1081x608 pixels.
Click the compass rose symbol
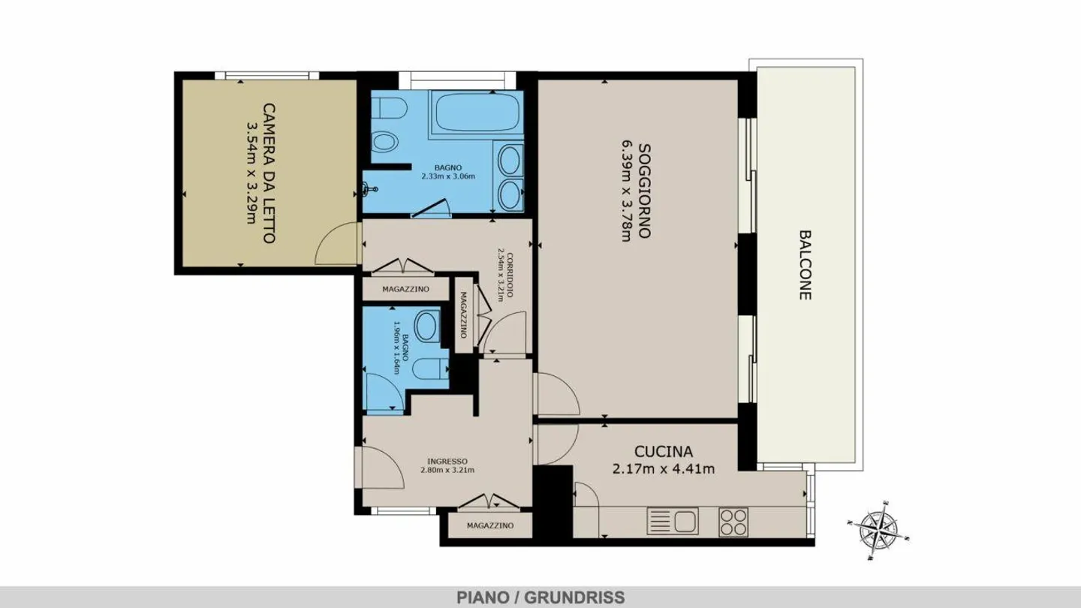(x=878, y=530)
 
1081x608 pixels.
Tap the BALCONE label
(x=805, y=265)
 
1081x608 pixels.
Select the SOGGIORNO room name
(x=644, y=191)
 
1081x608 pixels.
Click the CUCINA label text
(x=663, y=452)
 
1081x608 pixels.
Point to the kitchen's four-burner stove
(x=733, y=522)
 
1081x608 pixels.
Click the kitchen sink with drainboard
(x=673, y=521)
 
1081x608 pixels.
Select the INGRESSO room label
(x=447, y=461)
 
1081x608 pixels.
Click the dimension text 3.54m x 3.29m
(x=251, y=173)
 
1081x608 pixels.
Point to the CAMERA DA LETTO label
(x=269, y=173)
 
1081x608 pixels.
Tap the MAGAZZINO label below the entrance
(x=489, y=525)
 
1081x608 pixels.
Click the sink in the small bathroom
(x=427, y=327)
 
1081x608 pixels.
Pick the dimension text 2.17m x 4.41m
(x=663, y=468)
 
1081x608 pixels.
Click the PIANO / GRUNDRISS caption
(x=540, y=597)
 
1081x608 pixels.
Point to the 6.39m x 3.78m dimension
(x=626, y=191)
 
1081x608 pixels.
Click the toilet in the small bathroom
(x=430, y=369)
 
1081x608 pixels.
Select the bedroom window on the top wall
(x=267, y=75)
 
